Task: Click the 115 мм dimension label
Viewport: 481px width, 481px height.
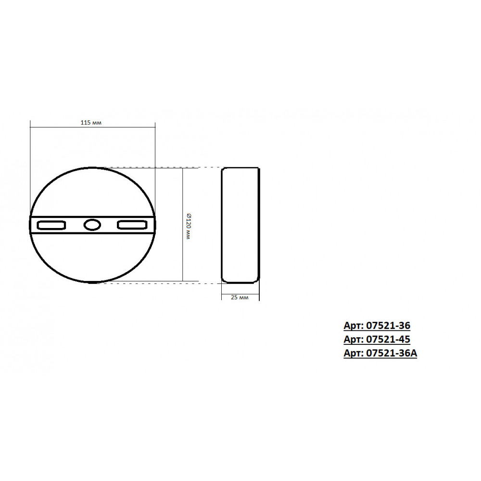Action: click(x=91, y=123)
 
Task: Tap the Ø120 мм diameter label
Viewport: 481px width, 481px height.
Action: click(x=189, y=227)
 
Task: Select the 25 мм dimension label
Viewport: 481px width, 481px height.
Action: click(x=240, y=297)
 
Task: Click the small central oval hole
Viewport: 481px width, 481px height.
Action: click(x=92, y=225)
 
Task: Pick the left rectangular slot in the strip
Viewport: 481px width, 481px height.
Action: click(x=51, y=225)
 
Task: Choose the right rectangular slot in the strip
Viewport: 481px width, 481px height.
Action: click(x=132, y=225)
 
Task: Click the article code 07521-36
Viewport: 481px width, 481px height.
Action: click(x=388, y=326)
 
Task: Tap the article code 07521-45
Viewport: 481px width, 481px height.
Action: click(x=388, y=339)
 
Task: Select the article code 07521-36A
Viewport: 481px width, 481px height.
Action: click(x=392, y=353)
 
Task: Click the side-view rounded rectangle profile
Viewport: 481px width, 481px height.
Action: click(x=221, y=225)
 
